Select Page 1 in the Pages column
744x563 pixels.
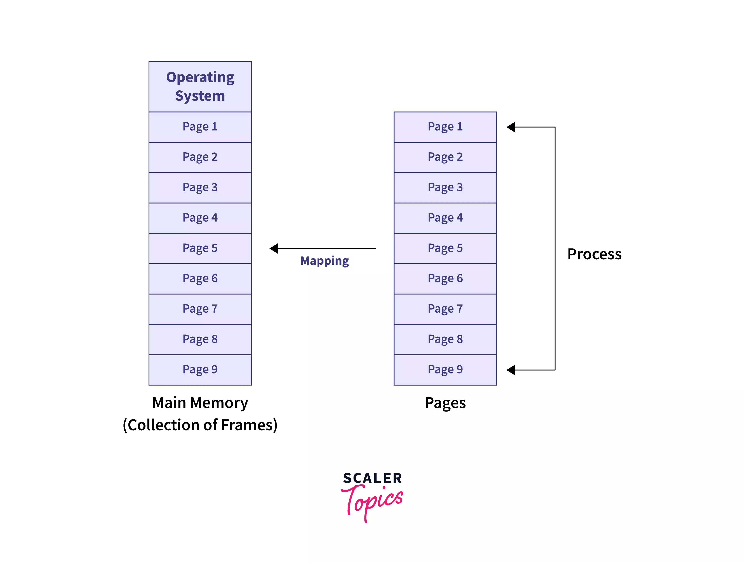445,127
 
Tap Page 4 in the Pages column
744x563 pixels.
445,218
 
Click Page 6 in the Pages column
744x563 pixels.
445,279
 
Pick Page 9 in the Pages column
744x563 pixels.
445,369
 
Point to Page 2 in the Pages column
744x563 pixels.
445,157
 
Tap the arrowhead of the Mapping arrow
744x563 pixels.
274,248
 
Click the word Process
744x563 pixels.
594,254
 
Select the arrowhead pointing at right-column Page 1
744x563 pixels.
511,127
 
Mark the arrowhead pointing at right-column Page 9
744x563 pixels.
511,370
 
